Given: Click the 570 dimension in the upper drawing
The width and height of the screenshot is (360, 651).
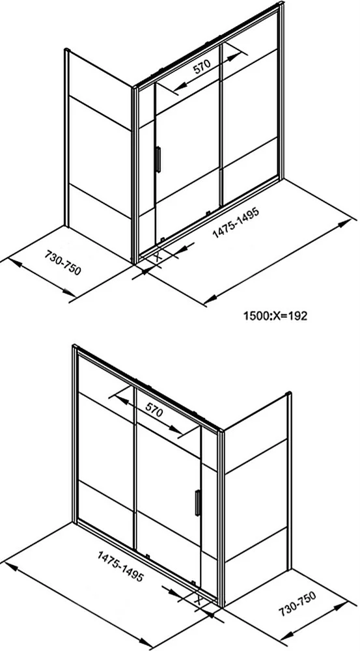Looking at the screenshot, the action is click(202, 66).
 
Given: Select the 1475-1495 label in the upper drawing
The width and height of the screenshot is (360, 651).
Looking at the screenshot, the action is click(236, 223).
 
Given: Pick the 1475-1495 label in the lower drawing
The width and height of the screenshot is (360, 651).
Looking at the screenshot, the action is click(121, 566).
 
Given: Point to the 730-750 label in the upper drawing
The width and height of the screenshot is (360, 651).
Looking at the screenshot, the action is click(62, 263).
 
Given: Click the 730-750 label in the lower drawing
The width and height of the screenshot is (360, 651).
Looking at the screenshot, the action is click(298, 603).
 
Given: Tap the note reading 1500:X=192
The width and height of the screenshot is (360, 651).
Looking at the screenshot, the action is click(275, 316).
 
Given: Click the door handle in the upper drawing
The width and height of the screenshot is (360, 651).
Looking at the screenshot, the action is click(158, 159).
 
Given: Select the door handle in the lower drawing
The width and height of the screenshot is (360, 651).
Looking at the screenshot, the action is click(198, 503).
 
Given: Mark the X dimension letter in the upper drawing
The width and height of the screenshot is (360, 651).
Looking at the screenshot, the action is click(158, 256).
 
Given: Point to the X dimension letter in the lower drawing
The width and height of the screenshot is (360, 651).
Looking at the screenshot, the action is click(198, 600).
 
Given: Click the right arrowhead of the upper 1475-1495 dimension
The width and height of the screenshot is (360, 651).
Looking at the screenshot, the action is click(344, 223).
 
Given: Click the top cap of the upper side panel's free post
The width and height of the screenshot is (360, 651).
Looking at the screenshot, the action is click(66, 50).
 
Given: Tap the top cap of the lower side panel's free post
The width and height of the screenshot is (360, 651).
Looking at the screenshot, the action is click(289, 394).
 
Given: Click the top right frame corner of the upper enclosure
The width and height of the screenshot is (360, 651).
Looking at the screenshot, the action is click(281, 3).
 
